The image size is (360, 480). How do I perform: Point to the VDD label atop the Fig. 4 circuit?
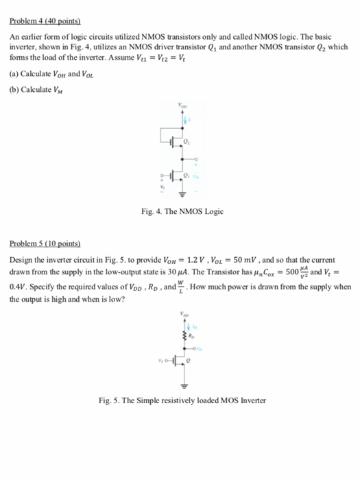[182, 106]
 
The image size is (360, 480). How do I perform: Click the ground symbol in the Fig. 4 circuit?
[182, 193]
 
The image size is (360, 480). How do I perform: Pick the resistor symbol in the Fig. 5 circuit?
[183, 337]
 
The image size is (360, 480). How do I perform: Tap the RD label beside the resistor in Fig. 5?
[191, 337]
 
